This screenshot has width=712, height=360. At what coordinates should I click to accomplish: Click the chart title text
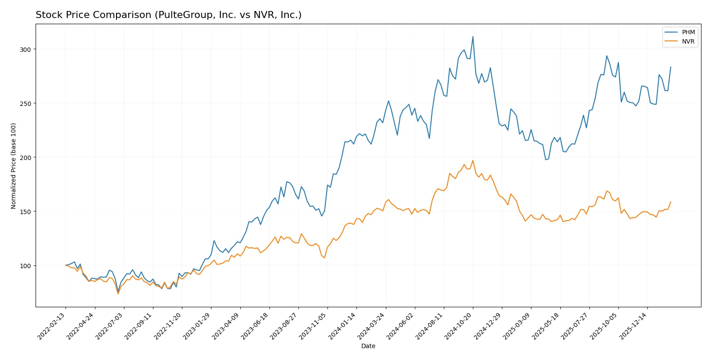168,15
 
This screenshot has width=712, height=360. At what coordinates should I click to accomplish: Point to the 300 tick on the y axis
25,50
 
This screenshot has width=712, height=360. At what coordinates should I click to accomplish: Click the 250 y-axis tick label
25,104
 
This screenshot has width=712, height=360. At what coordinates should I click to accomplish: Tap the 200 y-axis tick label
25,158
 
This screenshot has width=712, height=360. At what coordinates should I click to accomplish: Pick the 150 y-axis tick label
25,212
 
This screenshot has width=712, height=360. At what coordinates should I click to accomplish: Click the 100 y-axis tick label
25,266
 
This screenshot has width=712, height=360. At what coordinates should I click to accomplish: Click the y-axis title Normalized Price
14,166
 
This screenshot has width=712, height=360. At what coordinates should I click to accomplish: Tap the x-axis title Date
368,346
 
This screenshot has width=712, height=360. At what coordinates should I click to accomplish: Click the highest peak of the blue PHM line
473,36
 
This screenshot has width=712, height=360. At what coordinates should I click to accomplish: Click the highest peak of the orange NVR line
473,160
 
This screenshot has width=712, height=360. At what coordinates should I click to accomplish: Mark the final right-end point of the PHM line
671,67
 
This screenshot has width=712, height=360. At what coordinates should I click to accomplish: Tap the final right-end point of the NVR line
671,202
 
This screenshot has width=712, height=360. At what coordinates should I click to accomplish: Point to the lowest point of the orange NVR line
118,294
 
